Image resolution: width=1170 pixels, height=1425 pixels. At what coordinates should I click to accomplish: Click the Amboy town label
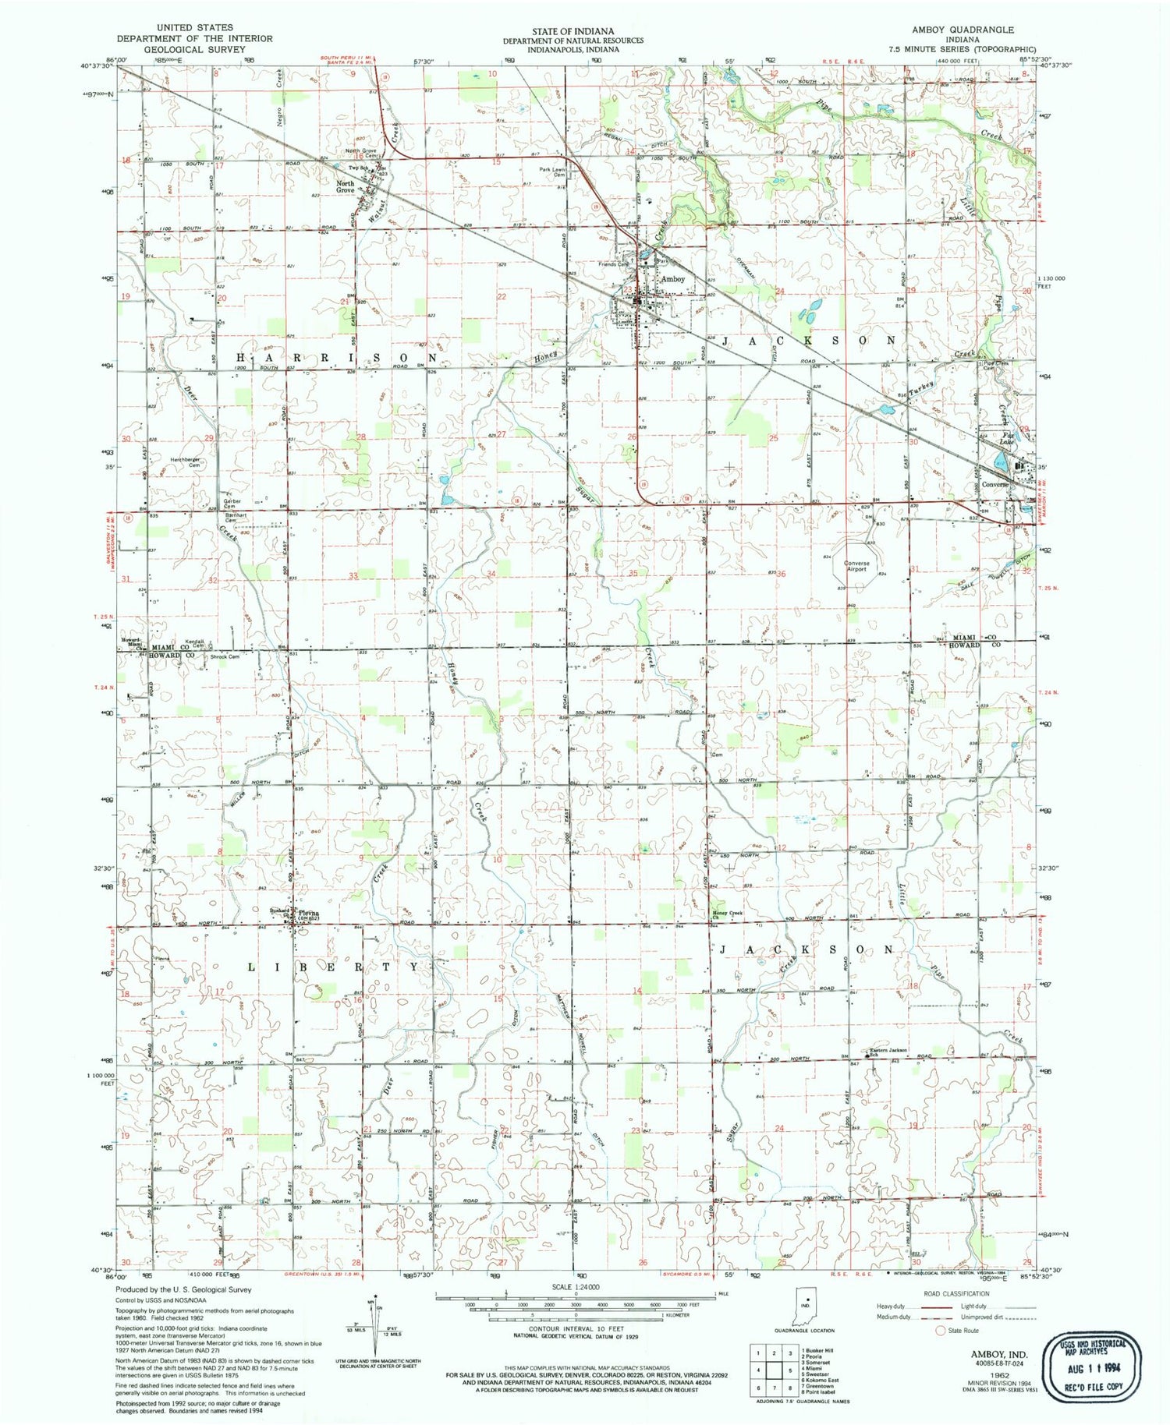pyautogui.click(x=672, y=279)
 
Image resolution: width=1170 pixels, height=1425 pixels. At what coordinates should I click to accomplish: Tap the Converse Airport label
pyautogui.click(x=856, y=566)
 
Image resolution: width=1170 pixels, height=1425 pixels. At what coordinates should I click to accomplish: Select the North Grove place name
pyautogui.click(x=346, y=187)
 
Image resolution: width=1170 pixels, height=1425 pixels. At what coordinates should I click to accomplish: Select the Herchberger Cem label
pyautogui.click(x=186, y=462)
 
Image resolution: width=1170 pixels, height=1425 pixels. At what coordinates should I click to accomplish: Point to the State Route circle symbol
pyautogui.click(x=940, y=1331)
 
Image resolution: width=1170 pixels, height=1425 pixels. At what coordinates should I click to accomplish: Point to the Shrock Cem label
pyautogui.click(x=225, y=656)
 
